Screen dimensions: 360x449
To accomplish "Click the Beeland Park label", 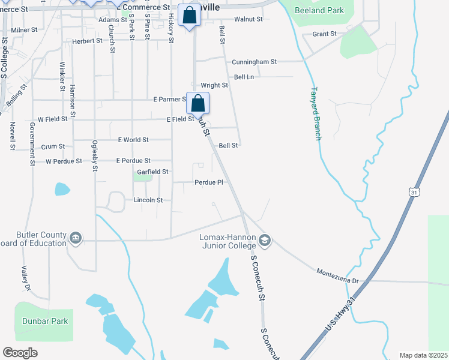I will [x=319, y=10].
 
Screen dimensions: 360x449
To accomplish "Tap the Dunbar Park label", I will [x=45, y=321].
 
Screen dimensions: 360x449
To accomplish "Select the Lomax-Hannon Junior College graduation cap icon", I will [x=265, y=241].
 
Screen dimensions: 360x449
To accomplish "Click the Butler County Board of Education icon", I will [x=76, y=239].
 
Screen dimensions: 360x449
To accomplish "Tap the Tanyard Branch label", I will [x=316, y=114].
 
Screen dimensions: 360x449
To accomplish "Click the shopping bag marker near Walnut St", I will [x=190, y=17].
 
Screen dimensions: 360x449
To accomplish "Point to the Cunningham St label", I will [x=255, y=61].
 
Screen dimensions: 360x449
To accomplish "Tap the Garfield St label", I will [x=153, y=172].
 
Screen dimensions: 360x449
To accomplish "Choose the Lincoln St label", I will [x=148, y=200].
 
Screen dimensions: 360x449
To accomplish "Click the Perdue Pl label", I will [x=208, y=182].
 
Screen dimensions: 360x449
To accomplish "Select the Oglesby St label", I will [x=94, y=155].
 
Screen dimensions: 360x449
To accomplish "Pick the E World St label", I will [x=133, y=140].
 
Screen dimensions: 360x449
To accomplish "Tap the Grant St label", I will [x=325, y=34].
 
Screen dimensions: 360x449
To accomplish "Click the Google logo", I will [x=20, y=353].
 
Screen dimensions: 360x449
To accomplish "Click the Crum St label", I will [x=53, y=146].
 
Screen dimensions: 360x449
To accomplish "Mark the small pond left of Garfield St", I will [x=62, y=189].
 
